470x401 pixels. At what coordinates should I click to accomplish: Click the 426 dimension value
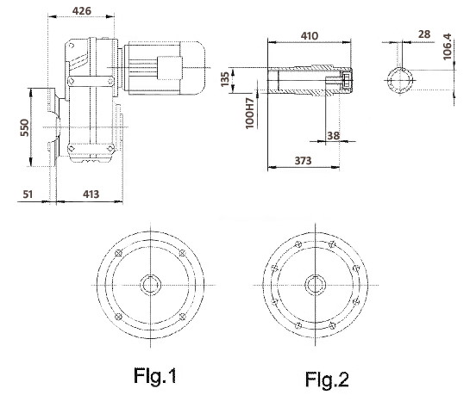(82, 11)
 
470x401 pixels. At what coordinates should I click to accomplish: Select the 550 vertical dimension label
(25, 127)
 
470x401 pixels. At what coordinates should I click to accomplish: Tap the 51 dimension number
(28, 194)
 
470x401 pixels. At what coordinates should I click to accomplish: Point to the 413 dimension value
(91, 194)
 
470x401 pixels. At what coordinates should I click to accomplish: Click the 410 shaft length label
(310, 36)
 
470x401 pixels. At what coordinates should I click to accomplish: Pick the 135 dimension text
(225, 79)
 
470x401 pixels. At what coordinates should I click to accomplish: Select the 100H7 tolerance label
(250, 114)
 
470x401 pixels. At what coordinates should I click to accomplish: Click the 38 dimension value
(334, 136)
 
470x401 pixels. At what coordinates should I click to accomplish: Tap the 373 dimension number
(303, 161)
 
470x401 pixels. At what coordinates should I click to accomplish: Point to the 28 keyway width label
(424, 34)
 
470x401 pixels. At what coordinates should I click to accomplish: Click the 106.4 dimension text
(447, 46)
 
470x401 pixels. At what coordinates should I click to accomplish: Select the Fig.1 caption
(154, 375)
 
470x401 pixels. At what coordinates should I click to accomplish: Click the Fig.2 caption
(327, 379)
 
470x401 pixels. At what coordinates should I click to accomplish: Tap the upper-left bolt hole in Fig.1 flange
(118, 253)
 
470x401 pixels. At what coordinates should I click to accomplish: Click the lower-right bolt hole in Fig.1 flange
(182, 317)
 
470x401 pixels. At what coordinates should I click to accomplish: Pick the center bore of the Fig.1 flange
(150, 285)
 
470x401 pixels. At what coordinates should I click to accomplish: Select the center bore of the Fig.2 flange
(316, 285)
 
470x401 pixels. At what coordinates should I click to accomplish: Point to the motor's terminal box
(170, 68)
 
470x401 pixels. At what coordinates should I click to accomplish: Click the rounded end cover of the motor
(192, 68)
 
